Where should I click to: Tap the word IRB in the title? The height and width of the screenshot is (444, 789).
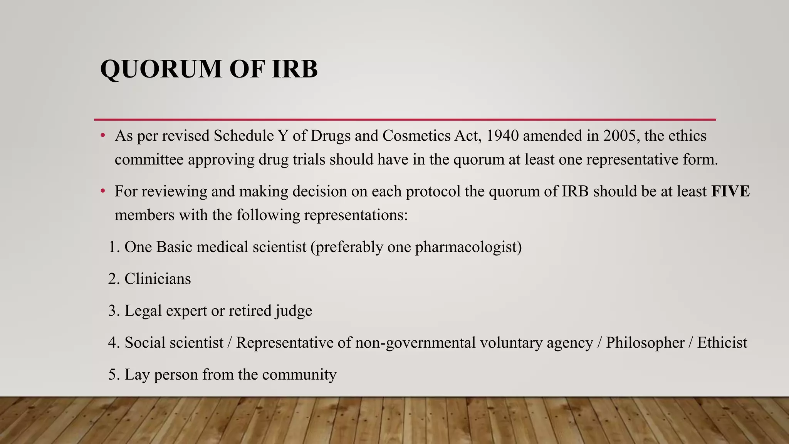[294, 69]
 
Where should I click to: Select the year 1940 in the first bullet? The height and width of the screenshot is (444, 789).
[500, 136]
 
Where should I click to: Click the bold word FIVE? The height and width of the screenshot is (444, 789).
[730, 191]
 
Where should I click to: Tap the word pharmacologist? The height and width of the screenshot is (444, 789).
[468, 247]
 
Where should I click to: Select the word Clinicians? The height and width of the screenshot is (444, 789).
[158, 279]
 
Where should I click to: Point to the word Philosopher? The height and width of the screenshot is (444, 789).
[645, 343]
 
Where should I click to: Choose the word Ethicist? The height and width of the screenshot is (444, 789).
[722, 343]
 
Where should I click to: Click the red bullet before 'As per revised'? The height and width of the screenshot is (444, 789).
[102, 136]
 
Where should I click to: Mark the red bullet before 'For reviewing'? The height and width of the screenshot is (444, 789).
[102, 191]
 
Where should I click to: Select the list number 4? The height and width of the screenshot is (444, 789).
[112, 343]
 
